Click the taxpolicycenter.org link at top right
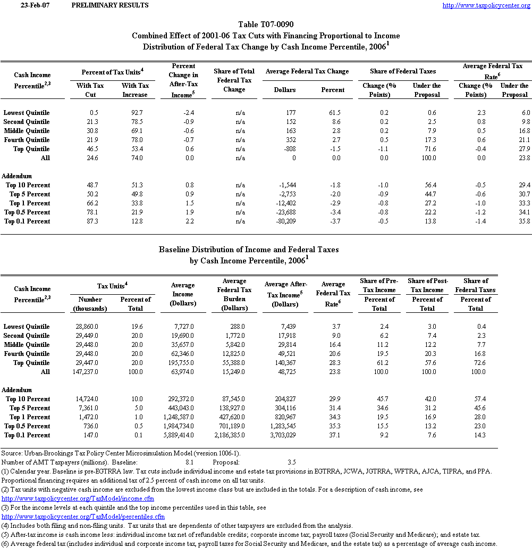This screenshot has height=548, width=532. [x=486, y=5]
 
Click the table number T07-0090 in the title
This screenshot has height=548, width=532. [x=266, y=24]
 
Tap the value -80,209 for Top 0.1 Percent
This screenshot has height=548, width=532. [x=283, y=221]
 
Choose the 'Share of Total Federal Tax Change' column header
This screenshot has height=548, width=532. [x=234, y=80]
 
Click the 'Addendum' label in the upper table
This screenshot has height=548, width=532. [x=17, y=176]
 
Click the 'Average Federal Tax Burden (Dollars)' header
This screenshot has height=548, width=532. [x=234, y=294]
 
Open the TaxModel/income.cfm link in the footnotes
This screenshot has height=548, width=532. [x=78, y=499]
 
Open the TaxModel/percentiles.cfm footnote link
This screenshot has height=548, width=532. [x=83, y=517]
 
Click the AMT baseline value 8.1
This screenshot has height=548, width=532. [x=189, y=462]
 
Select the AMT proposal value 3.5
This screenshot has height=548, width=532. [x=292, y=462]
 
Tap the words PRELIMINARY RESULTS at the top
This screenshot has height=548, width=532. [x=109, y=5]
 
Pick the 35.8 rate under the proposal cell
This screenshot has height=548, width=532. [x=524, y=221]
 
